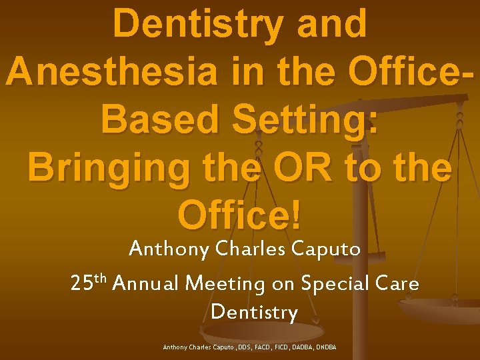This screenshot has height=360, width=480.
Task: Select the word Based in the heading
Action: point(157,120)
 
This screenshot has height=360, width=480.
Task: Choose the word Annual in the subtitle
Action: point(147,284)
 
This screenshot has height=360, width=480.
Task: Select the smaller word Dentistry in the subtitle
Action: point(254,312)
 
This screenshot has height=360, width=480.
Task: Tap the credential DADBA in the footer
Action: point(305,347)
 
